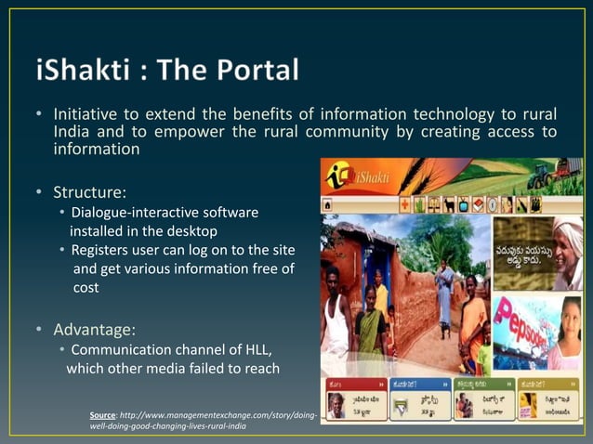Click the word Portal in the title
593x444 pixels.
click(255, 70)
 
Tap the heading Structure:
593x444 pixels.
click(89, 193)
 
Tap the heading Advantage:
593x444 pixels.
click(94, 329)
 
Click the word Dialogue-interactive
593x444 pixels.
click(138, 214)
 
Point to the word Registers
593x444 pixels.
click(103, 251)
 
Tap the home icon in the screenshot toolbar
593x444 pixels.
click(329, 203)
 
